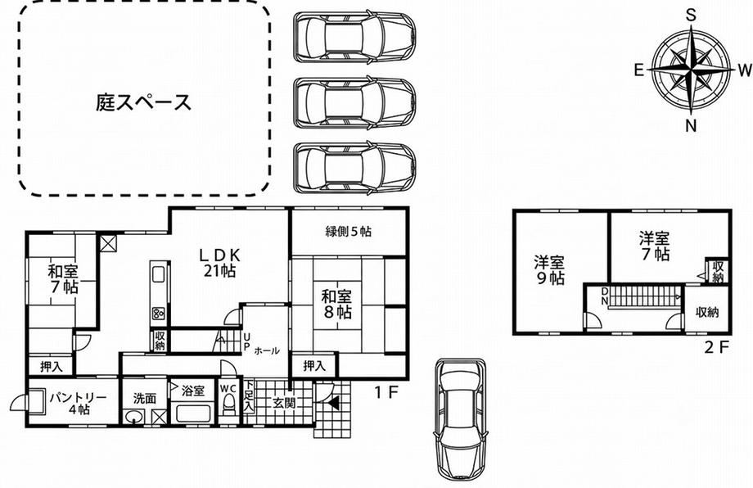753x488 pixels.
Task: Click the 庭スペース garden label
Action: [143, 102]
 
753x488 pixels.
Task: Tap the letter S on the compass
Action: [691, 16]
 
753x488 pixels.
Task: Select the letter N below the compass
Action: [691, 126]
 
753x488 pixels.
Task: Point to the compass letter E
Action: [638, 70]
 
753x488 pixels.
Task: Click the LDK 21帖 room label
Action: [220, 263]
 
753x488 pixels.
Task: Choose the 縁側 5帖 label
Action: [349, 232]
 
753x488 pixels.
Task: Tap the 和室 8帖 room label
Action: [336, 304]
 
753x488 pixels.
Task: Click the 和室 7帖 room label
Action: [63, 279]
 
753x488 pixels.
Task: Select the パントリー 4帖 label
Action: [79, 404]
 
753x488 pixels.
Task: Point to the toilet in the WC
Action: [228, 406]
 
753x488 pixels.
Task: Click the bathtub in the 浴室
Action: [192, 413]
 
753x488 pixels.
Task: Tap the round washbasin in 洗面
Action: [133, 417]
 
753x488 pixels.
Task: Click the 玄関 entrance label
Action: [283, 404]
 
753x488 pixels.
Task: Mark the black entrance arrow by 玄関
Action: [334, 403]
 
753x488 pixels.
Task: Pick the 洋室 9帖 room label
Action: [550, 270]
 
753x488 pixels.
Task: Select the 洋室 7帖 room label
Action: [655, 246]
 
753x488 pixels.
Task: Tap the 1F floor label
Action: [387, 393]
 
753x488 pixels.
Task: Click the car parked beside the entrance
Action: [461, 418]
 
